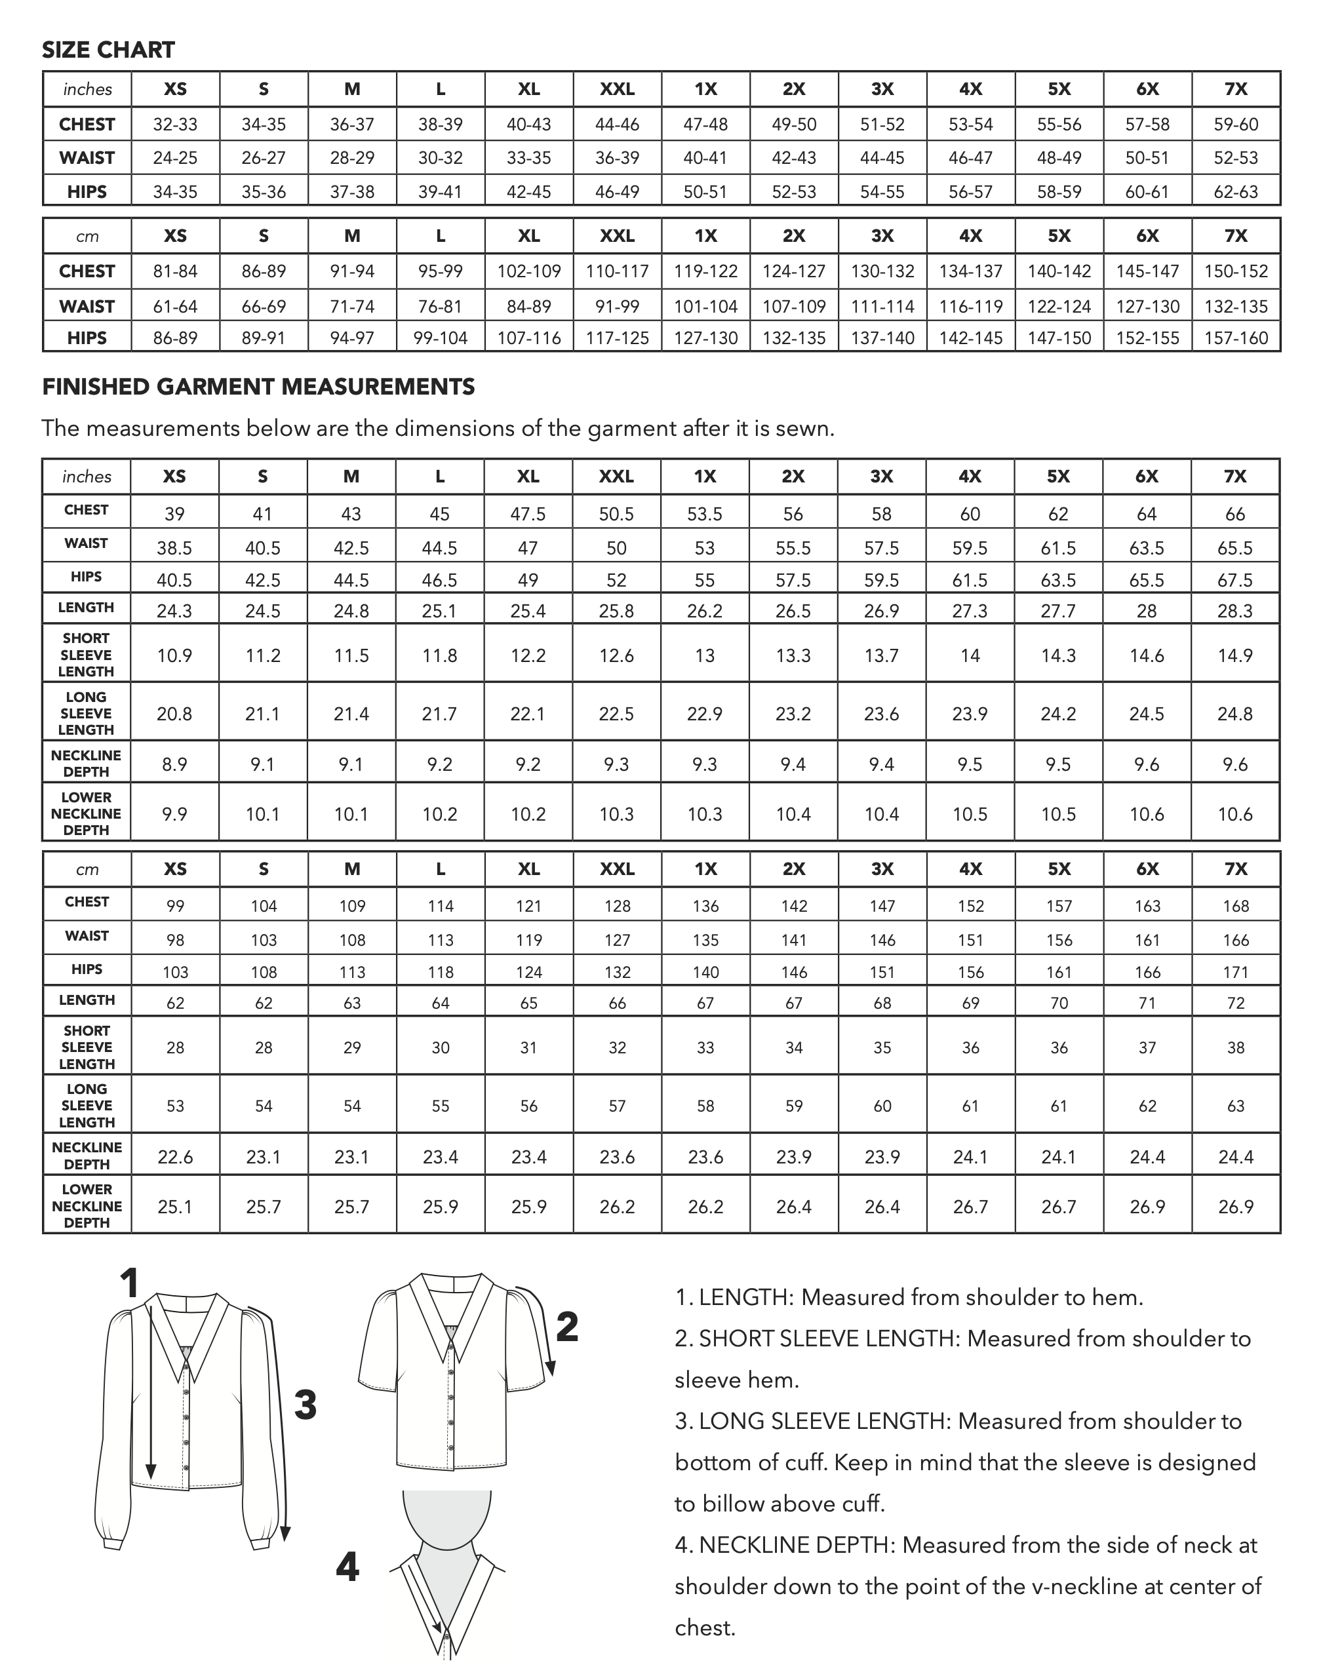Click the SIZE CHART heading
[x=108, y=50]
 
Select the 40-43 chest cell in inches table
[x=528, y=124]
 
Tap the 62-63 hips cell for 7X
[x=1235, y=191]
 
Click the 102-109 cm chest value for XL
[x=528, y=271]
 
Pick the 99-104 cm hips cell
[x=440, y=338]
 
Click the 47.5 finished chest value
[x=528, y=514]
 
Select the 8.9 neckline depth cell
[x=174, y=764]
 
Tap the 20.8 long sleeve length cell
[x=174, y=713]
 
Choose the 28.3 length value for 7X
[x=1234, y=611]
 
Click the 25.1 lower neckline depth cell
[x=175, y=1207]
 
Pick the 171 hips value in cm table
[x=1235, y=972]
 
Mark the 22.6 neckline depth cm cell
[x=175, y=1157]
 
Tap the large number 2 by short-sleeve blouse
[x=567, y=1327]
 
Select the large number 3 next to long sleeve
[x=306, y=1405]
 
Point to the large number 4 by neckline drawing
[x=347, y=1567]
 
